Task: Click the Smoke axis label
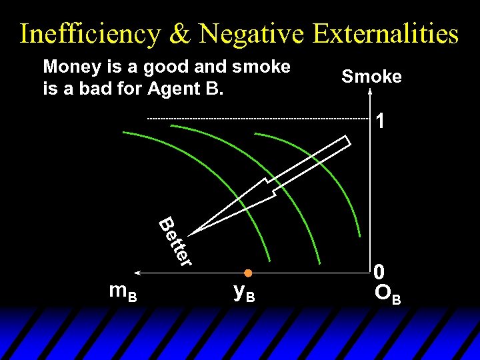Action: point(371,77)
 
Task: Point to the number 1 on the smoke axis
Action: point(379,122)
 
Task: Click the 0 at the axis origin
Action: point(379,272)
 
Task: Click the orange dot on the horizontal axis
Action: point(247,273)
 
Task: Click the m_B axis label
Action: point(123,292)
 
